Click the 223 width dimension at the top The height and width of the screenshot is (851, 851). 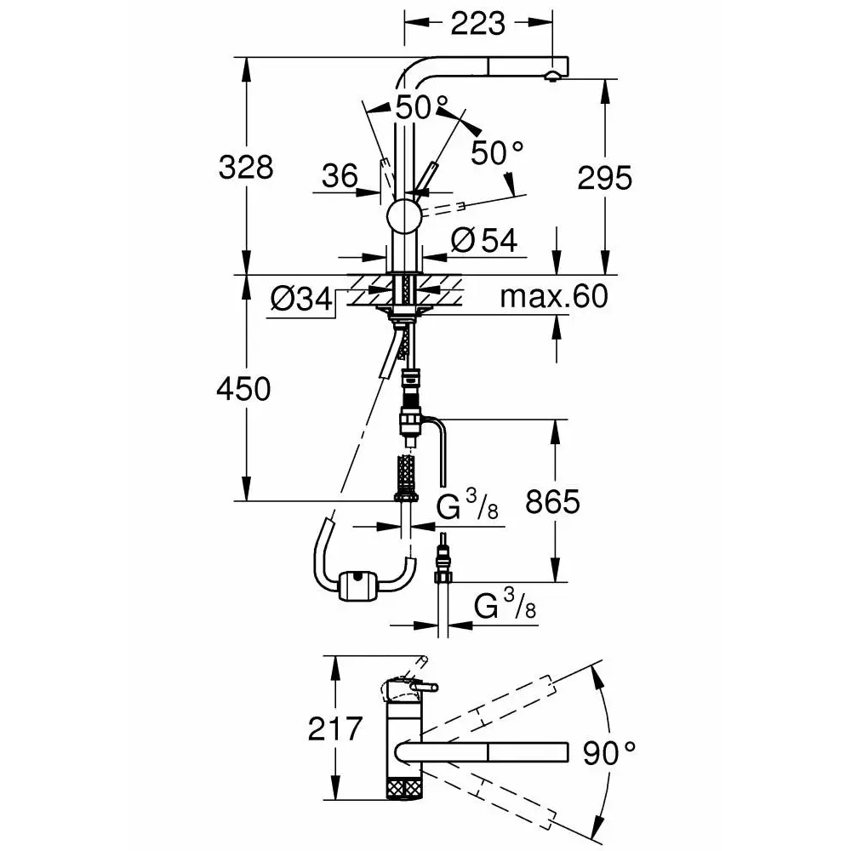477,24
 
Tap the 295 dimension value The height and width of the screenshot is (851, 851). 604,178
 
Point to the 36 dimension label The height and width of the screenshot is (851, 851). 340,176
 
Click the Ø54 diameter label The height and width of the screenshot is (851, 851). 484,240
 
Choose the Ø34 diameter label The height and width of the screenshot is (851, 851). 301,298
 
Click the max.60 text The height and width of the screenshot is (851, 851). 554,296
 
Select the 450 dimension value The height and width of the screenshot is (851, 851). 243,389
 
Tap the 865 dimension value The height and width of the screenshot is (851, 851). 552,502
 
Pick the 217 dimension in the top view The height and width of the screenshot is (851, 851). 334,729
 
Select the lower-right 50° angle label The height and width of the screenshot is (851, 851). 497,152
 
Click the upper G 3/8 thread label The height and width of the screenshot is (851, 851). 467,504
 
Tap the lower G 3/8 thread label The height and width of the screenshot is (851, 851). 505,604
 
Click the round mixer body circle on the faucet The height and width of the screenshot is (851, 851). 403,216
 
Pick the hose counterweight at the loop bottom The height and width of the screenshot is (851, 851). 357,585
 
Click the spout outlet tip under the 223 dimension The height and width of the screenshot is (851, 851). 552,77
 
